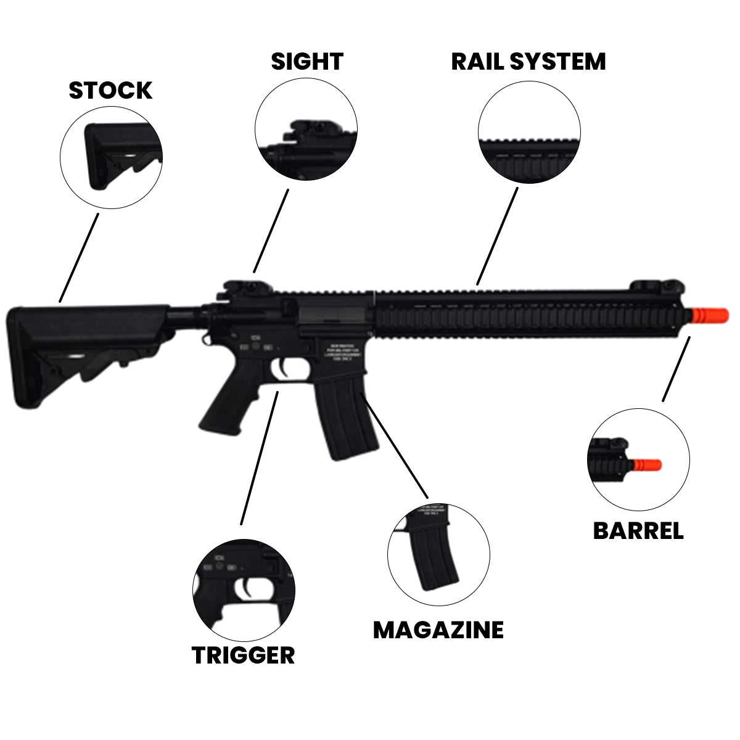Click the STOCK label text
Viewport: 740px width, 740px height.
tap(110, 90)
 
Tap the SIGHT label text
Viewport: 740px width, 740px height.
tap(306, 62)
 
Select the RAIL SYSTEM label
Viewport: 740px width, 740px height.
tap(528, 62)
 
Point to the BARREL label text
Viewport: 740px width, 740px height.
tap(638, 531)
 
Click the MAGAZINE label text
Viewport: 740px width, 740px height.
tap(438, 630)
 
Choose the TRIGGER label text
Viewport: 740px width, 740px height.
tap(243, 655)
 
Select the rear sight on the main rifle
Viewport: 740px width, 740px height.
tap(236, 289)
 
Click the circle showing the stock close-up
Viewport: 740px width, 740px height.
tap(111, 157)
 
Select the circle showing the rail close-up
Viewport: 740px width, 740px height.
tap(529, 133)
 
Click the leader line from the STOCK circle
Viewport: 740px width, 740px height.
tap(79, 258)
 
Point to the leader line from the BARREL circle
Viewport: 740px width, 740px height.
tap(676, 368)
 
